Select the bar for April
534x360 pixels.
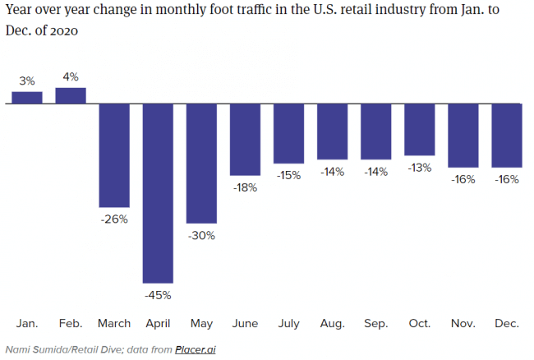(158, 193)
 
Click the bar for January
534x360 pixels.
(26, 97)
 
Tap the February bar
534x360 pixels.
(70, 95)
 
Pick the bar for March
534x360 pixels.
(114, 155)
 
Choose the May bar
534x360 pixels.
(201, 164)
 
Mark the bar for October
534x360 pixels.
(420, 130)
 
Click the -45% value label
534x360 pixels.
(158, 295)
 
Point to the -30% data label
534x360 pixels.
(201, 235)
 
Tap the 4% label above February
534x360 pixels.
(71, 77)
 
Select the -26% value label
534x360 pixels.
(114, 219)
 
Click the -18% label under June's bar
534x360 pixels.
(245, 187)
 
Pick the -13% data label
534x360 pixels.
(420, 168)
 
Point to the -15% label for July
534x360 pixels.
(288, 175)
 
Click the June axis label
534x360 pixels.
(245, 324)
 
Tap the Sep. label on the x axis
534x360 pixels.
(375, 324)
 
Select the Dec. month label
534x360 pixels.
(507, 324)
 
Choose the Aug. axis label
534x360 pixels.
(332, 324)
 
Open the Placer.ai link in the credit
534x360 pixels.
(196, 349)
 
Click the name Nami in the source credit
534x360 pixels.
(18, 349)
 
